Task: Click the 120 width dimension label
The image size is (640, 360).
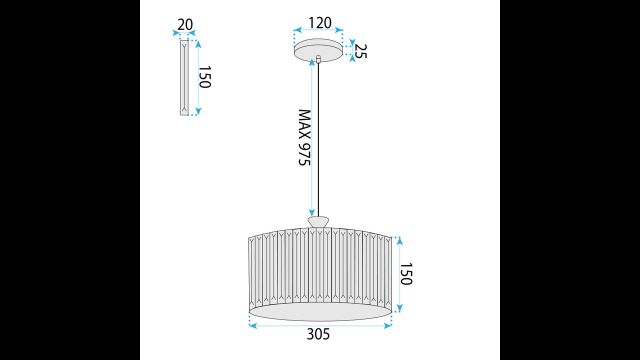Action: [x=320, y=23]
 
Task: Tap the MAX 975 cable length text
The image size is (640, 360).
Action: [x=304, y=138]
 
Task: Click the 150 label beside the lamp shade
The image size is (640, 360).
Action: [x=406, y=274]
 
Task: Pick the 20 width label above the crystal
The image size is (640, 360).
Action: [x=184, y=24]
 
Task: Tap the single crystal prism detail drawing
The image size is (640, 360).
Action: [x=184, y=77]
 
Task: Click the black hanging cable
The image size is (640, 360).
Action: [x=318, y=140]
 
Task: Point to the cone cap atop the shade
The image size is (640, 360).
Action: [x=318, y=221]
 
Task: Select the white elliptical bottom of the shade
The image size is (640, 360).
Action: [x=320, y=311]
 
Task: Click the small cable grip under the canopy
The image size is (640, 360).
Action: [x=318, y=59]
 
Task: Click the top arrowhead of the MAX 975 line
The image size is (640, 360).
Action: [x=312, y=64]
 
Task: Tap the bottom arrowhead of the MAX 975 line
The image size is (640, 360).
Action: [x=312, y=212]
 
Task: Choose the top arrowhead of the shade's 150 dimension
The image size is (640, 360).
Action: [x=399, y=240]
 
